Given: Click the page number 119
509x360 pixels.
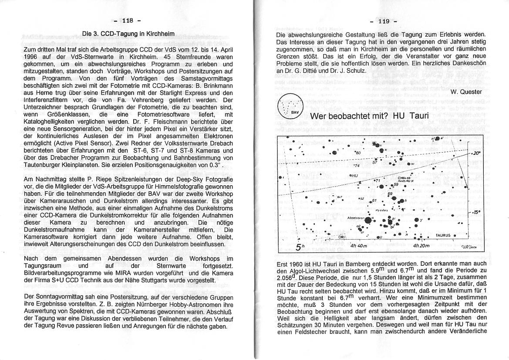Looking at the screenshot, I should [383, 21].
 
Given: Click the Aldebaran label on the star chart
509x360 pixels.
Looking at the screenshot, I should [355, 217].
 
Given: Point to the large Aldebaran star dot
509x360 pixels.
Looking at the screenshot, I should [368, 221].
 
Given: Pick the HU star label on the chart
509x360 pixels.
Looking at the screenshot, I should [353, 175].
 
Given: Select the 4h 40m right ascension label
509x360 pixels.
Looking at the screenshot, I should [359, 246].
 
